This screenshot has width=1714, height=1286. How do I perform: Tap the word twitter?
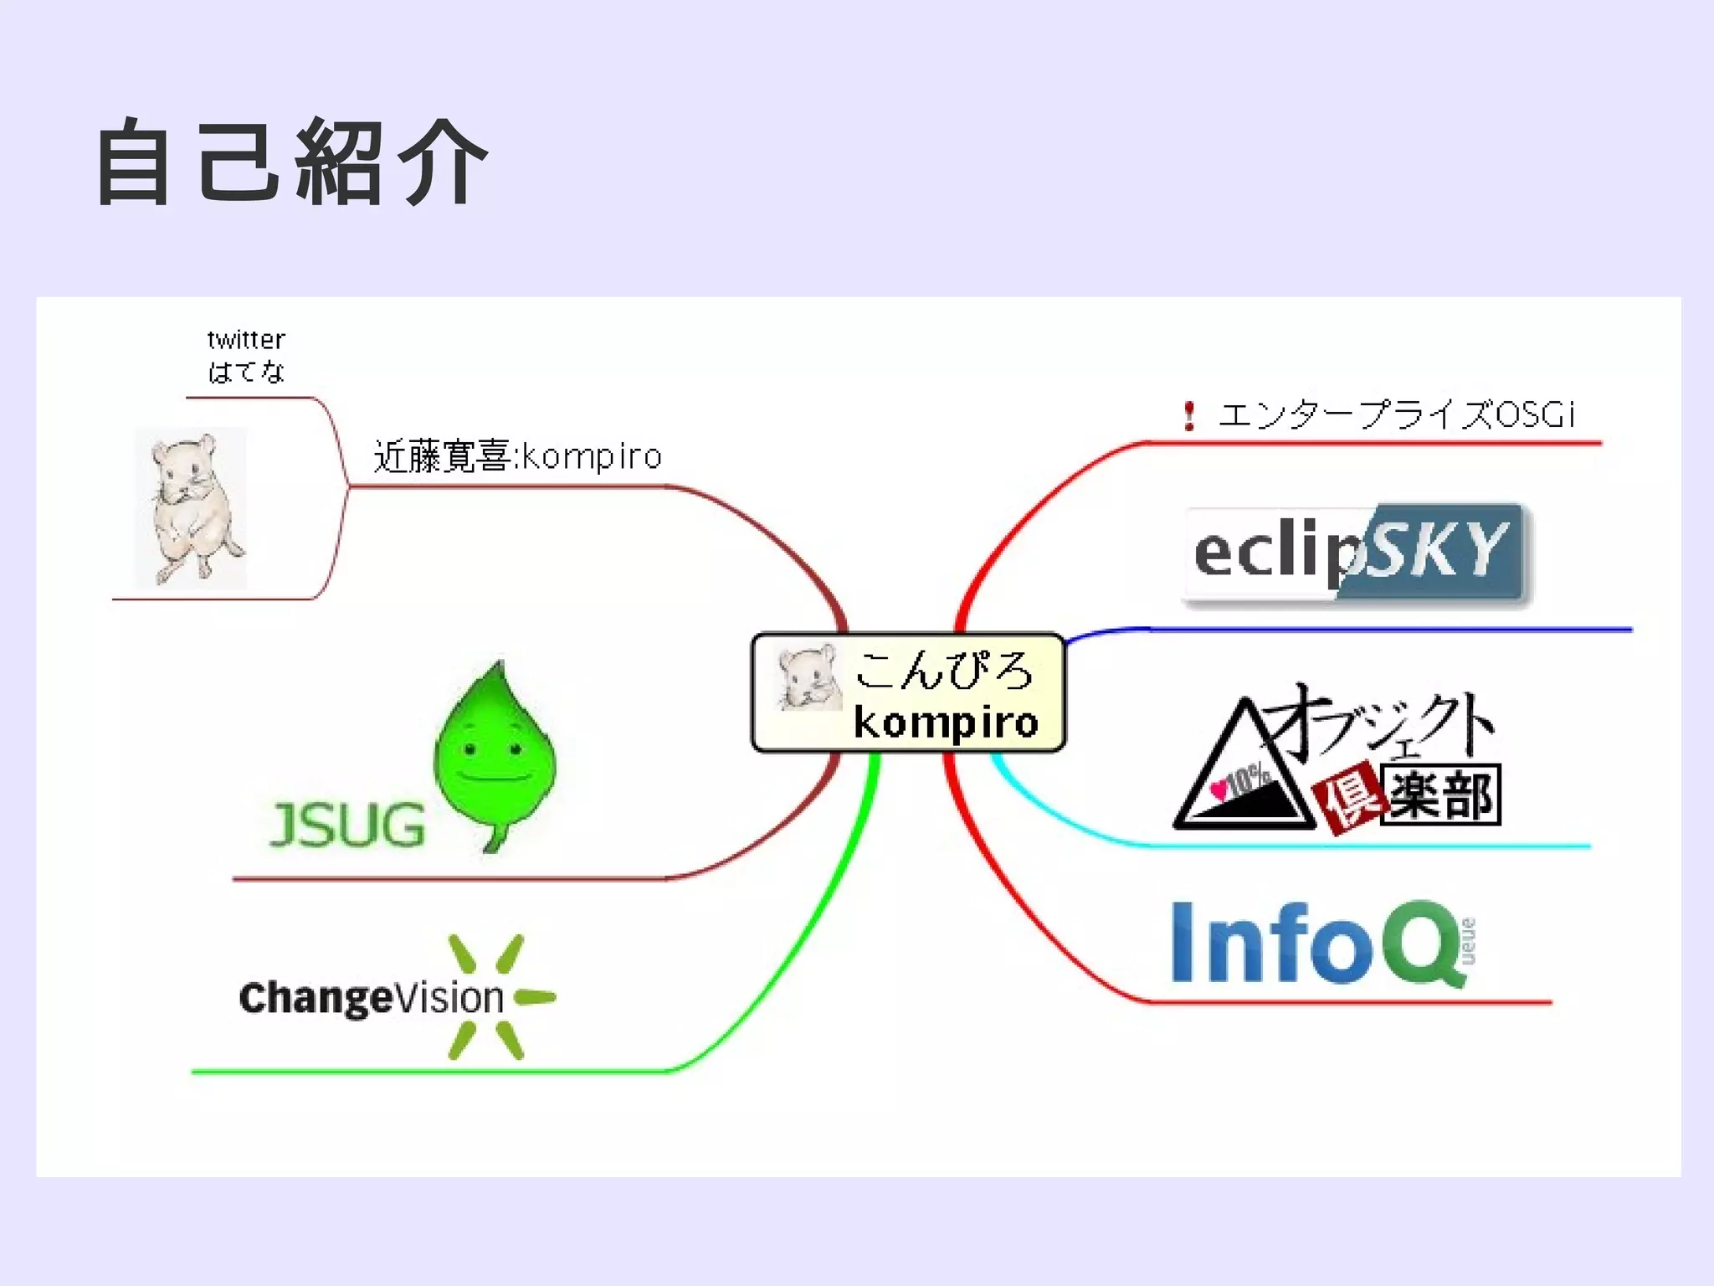[x=246, y=340]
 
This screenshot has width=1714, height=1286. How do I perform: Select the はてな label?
[x=246, y=371]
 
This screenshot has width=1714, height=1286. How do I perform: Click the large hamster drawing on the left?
[x=192, y=507]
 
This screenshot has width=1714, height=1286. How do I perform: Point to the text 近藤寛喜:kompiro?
[x=517, y=456]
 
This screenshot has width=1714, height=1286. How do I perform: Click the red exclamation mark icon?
[x=1188, y=415]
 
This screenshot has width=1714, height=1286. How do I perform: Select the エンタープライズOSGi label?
[x=1396, y=414]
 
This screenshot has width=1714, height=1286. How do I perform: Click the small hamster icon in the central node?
[x=808, y=677]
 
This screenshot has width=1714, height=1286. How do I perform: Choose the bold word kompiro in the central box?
[x=946, y=722]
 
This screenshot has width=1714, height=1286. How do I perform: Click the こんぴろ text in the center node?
[x=944, y=670]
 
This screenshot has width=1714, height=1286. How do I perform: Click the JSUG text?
[x=347, y=825]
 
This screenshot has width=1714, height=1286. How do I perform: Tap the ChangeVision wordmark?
[x=372, y=998]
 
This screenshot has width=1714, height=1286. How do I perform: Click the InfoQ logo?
[x=1322, y=943]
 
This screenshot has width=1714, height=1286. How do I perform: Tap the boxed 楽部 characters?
[x=1441, y=795]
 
